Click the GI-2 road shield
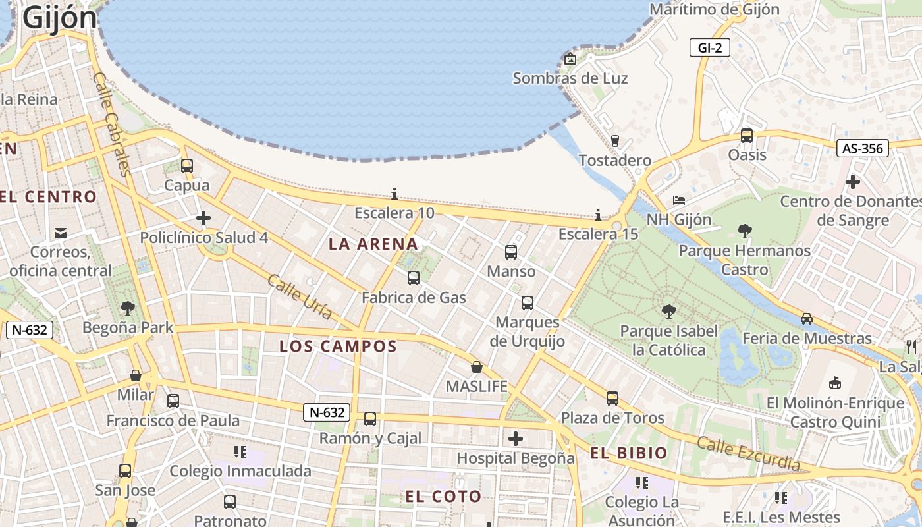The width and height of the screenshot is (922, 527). [x=710, y=47]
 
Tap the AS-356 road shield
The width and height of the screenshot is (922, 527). [x=862, y=148]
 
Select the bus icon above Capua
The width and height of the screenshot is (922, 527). [x=187, y=166]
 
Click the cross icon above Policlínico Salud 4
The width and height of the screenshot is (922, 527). [x=203, y=218]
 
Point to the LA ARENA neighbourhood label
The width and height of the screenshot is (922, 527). [x=373, y=244]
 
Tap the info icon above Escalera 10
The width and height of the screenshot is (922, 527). [x=394, y=194]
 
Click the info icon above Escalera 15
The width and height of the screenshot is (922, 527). [x=598, y=215]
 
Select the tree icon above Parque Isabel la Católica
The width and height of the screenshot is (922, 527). [x=668, y=311]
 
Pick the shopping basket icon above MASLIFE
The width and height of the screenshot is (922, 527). [x=477, y=367]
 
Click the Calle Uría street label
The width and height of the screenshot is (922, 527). [x=300, y=297]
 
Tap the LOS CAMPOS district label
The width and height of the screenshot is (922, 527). [x=338, y=347]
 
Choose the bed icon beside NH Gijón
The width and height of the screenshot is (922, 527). [x=679, y=200]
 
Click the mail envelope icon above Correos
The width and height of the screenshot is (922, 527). [x=61, y=233]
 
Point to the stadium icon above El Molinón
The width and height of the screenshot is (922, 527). [x=835, y=383]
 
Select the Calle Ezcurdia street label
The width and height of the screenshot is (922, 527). [x=748, y=454]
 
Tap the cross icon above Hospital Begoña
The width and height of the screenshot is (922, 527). [x=516, y=438]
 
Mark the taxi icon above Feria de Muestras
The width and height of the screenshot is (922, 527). [x=807, y=319]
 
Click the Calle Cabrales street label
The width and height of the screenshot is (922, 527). [x=110, y=124]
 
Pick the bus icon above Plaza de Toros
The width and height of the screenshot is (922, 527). [x=612, y=398]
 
